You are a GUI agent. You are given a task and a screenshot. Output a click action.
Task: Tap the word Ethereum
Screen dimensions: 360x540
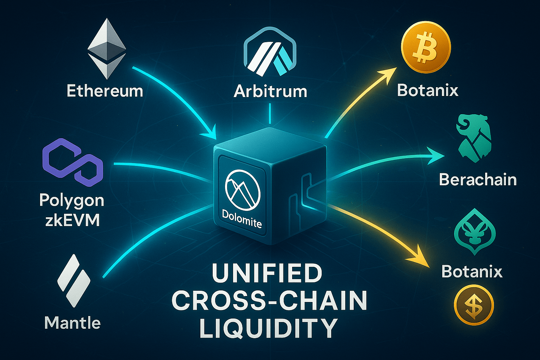(105, 91)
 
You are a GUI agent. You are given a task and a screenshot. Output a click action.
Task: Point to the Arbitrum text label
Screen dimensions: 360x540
(270, 91)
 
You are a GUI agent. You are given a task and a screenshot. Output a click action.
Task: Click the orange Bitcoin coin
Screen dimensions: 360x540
(426, 47)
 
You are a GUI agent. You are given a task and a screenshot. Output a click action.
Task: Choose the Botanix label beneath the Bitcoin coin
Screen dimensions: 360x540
(428, 90)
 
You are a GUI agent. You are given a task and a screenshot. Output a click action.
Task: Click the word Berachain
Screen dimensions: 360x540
(478, 180)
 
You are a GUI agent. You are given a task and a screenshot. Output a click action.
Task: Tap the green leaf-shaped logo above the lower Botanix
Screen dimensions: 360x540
(475, 231)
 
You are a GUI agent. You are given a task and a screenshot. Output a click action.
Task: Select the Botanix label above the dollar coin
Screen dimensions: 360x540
(472, 271)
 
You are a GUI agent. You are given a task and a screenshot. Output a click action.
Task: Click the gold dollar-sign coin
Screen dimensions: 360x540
(474, 304)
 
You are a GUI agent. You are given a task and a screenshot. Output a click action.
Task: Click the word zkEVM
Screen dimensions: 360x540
(72, 220)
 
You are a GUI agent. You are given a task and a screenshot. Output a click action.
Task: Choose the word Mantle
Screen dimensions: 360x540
(73, 323)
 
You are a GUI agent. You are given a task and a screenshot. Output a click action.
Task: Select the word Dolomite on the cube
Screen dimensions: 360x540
(242, 219)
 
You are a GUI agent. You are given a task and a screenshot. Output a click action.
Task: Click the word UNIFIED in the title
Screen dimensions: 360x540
(267, 273)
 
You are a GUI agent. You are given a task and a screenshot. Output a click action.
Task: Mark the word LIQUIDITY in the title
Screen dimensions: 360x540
(269, 328)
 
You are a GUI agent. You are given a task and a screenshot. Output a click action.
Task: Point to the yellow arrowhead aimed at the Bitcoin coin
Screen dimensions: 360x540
(388, 73)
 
